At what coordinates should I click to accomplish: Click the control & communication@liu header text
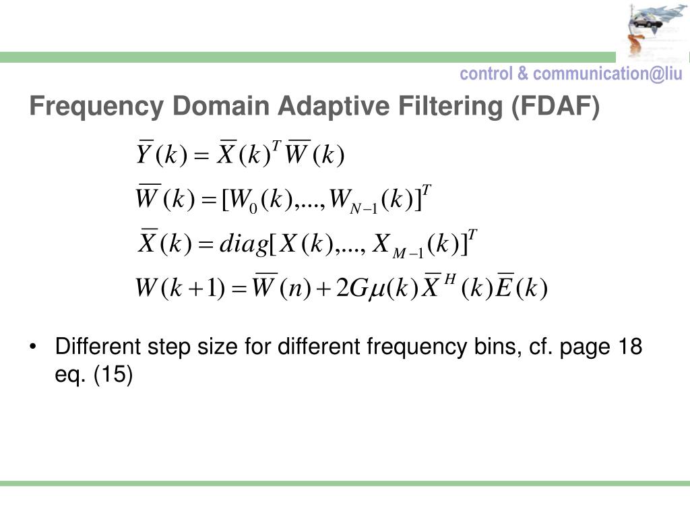coord(571,74)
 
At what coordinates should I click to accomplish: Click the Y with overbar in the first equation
coord(144,155)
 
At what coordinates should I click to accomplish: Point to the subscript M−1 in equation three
coord(408,253)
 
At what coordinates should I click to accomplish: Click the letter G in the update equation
coord(358,290)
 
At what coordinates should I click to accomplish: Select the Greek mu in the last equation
coord(377,291)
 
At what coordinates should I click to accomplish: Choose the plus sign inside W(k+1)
coord(195,291)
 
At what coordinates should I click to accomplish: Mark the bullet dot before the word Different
coord(34,348)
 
